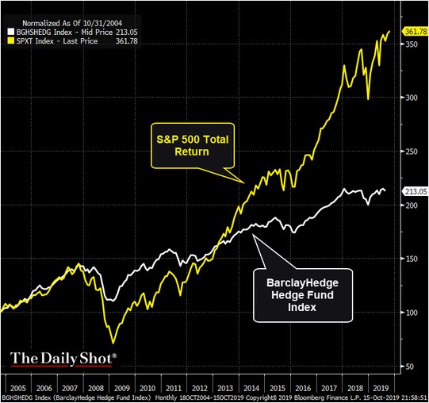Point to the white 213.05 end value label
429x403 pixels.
[x=415, y=191]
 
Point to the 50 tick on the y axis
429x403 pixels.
[x=410, y=366]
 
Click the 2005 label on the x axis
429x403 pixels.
[x=17, y=382]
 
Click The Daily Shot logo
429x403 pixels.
[x=63, y=358]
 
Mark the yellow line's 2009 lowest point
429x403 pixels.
[x=113, y=343]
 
